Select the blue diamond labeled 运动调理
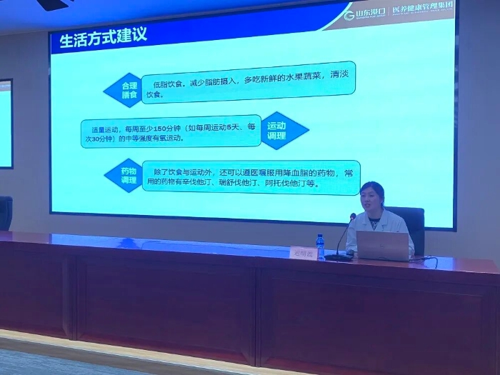pos(284,130)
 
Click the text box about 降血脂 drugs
pos(249,178)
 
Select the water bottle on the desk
pos(321,246)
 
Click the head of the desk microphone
pos(353,216)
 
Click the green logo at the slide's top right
pos(349,15)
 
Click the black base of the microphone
pos(337,256)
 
